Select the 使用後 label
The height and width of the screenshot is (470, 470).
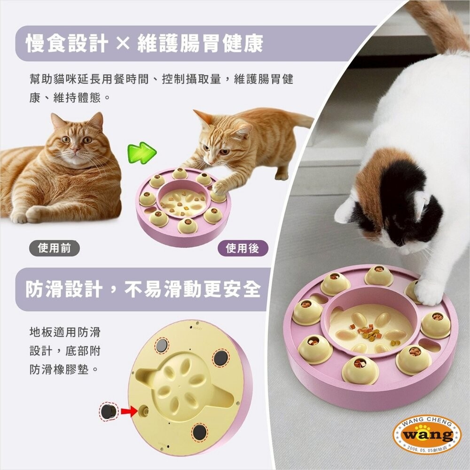pos(243,248)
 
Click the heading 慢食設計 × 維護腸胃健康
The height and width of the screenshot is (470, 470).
pos(144,43)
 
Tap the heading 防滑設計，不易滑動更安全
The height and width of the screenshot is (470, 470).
pos(143,289)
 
